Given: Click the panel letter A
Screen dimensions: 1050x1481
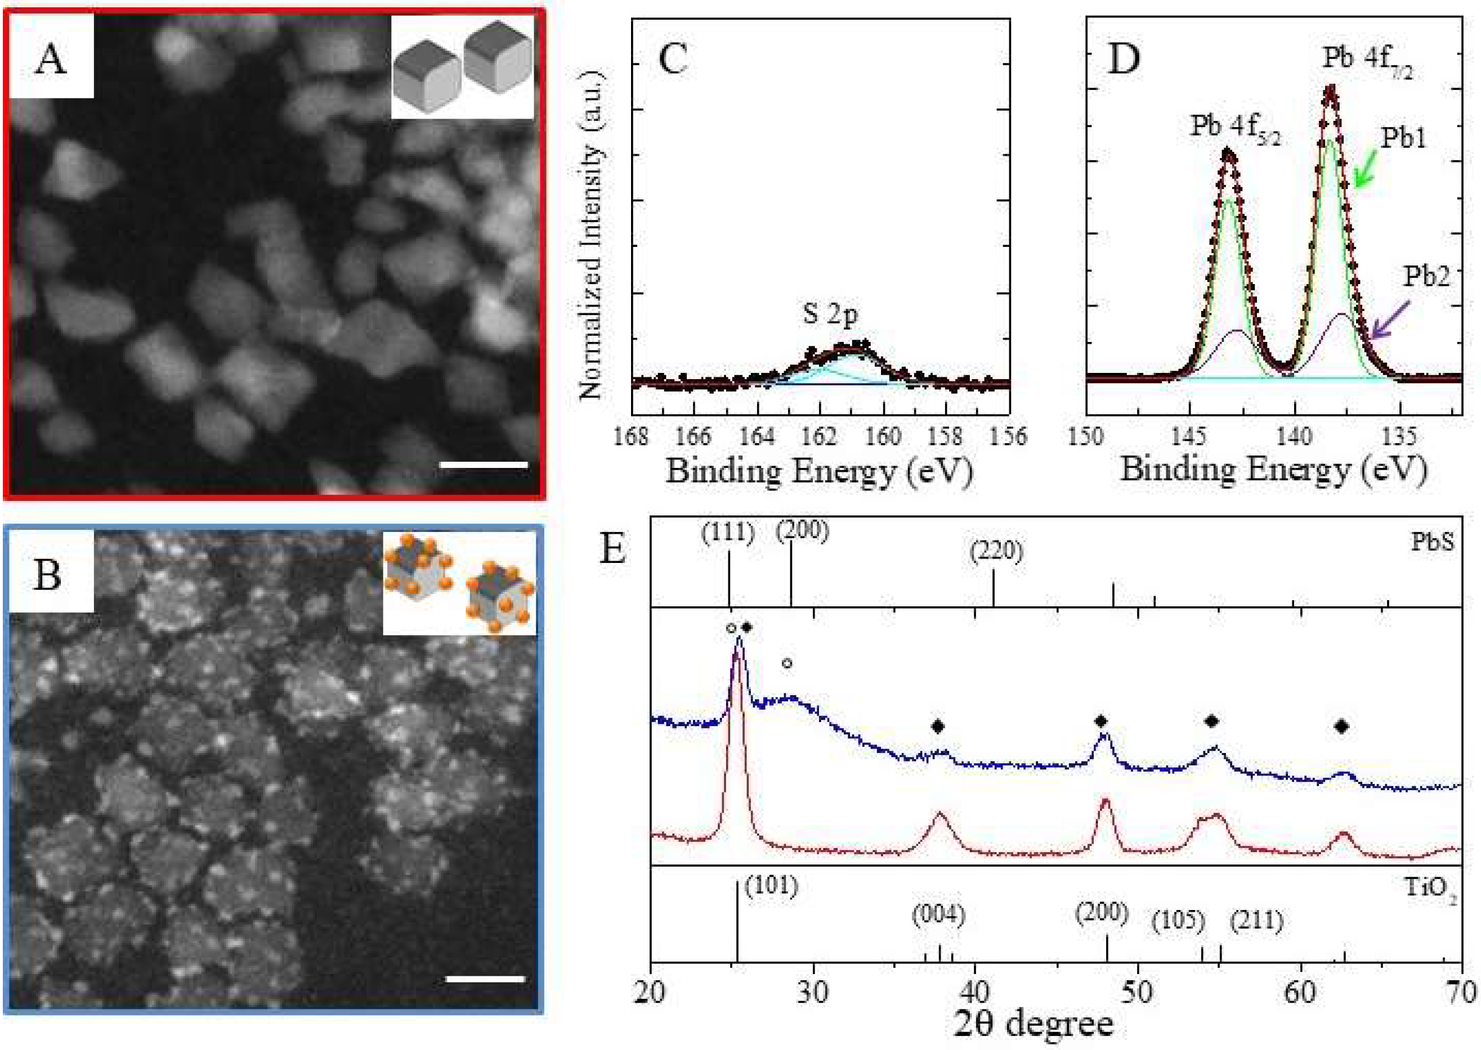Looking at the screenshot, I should (51, 60).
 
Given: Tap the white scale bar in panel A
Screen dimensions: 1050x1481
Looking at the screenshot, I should (484, 464).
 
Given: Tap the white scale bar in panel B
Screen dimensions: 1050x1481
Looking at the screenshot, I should (485, 979).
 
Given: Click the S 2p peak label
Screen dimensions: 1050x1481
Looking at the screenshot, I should (830, 314).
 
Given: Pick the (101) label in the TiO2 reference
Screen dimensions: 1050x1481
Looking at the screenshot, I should (771, 885).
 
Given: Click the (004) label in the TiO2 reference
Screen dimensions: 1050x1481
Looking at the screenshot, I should (938, 916).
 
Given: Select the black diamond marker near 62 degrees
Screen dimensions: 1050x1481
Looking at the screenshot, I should (1341, 727).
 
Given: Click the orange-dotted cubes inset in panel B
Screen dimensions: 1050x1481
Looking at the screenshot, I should (459, 583).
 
